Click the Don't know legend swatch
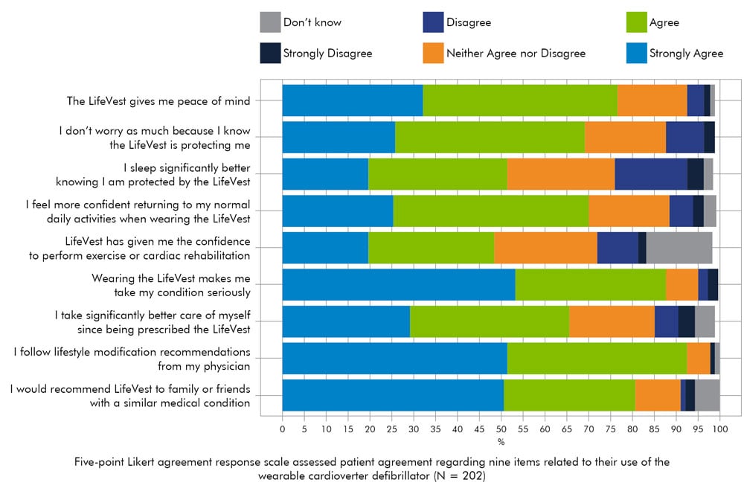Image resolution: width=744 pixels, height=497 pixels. (270, 22)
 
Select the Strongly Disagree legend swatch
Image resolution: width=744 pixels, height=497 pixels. (270, 53)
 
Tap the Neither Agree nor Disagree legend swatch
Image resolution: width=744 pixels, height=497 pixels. (433, 53)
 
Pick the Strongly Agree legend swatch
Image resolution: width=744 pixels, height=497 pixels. (637, 53)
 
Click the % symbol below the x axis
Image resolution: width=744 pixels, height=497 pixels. (501, 442)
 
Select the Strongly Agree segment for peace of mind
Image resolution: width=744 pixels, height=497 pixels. (353, 100)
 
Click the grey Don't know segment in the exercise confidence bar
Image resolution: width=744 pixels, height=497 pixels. (679, 248)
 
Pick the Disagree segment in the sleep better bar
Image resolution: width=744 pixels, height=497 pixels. (651, 174)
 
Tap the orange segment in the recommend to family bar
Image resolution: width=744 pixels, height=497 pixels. (658, 395)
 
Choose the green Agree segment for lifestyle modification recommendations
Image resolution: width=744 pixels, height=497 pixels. (597, 358)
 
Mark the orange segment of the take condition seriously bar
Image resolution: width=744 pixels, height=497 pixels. (682, 284)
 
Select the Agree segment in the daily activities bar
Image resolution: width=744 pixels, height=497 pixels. (490, 211)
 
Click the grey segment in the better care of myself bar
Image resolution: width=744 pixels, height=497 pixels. (705, 321)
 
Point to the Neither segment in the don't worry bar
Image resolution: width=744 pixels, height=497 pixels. (625, 137)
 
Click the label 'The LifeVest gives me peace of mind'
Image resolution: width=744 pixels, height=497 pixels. (158, 100)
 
